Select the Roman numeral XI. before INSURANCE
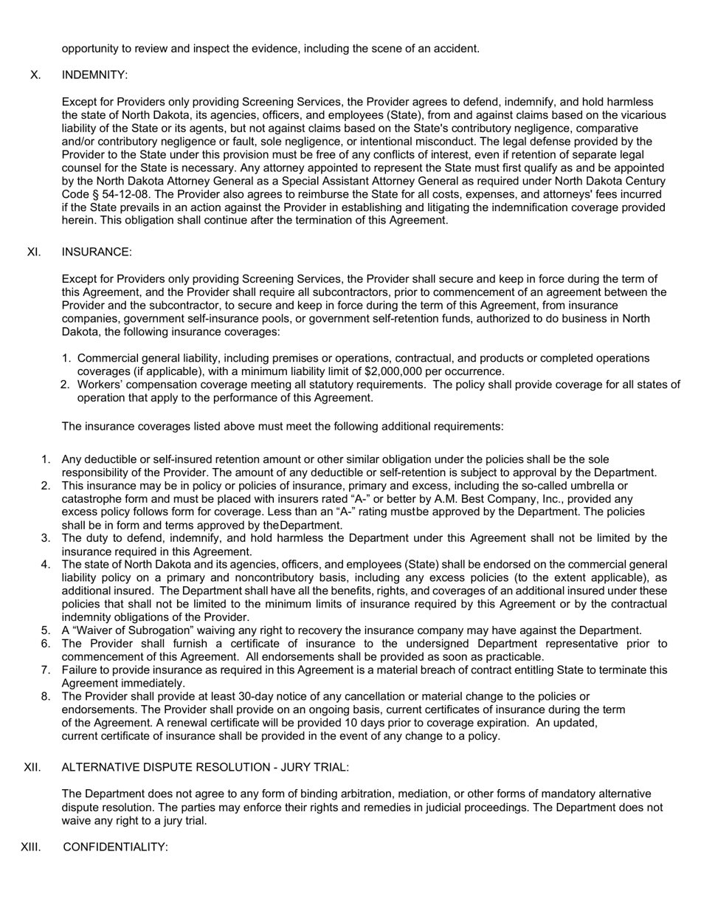(x=34, y=252)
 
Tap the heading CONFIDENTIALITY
(x=116, y=847)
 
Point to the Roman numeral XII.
(x=32, y=768)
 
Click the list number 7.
(x=46, y=670)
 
